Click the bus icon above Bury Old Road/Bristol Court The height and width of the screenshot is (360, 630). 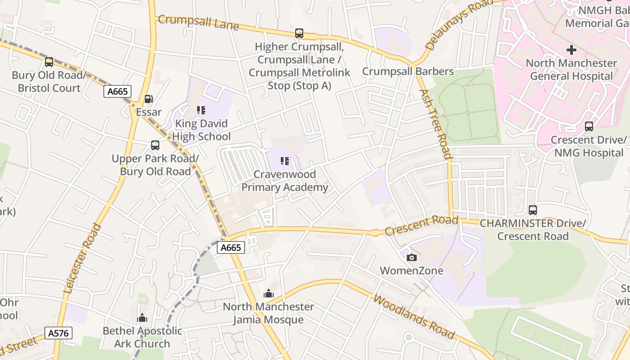(x=49, y=62)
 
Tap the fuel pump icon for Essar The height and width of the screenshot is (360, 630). (x=148, y=99)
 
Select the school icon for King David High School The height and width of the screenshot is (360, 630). (x=201, y=110)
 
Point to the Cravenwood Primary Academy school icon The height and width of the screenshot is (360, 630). (x=284, y=161)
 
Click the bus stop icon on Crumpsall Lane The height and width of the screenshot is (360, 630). (x=299, y=33)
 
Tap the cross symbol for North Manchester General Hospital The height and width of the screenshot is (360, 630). (x=571, y=50)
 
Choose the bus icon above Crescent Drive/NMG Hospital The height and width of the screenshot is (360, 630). (x=589, y=126)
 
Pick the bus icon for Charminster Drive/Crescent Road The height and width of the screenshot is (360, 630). (x=533, y=210)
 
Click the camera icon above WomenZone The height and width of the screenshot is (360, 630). (x=411, y=258)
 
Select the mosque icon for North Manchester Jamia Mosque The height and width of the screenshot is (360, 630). (x=269, y=294)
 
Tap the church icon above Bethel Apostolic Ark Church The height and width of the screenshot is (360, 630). (x=142, y=318)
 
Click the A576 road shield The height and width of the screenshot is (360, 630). (x=58, y=333)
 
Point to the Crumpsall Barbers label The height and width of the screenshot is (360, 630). (x=408, y=72)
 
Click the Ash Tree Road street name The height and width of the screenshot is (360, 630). (x=435, y=124)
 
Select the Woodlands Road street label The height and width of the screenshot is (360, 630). (x=414, y=316)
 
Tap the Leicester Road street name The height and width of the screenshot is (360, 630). (x=83, y=259)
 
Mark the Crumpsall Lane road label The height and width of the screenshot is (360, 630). (x=198, y=22)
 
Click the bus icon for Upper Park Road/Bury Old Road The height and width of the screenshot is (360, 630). (x=155, y=145)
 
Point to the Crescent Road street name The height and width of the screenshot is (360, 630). (x=421, y=225)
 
